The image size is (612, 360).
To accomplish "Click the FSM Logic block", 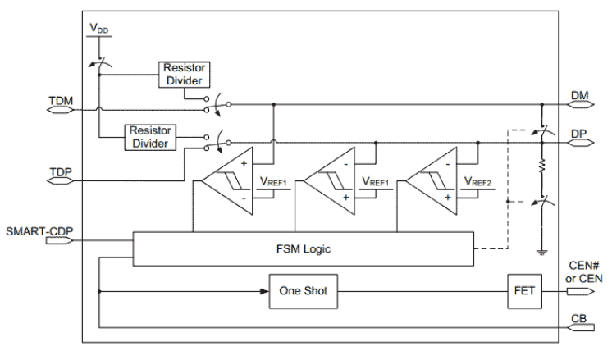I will coord(303,246).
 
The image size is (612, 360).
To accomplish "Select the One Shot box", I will coord(304,290).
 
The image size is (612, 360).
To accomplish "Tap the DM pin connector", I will coord(580,105).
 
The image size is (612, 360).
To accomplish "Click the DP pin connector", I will coord(580,142).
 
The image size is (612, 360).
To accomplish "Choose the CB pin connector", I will coord(580,328).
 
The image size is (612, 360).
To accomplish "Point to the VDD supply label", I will coord(98,30).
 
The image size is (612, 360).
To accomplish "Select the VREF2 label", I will coord(477,181).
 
